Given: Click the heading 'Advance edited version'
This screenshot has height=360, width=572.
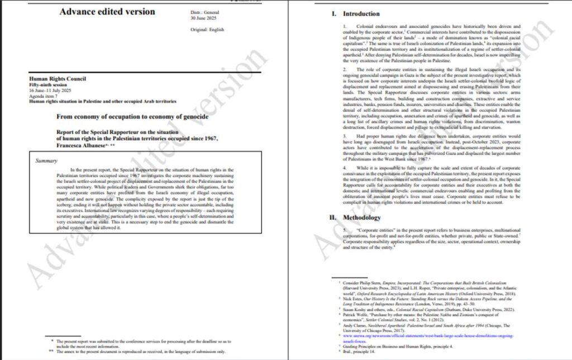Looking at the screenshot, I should coord(108,12).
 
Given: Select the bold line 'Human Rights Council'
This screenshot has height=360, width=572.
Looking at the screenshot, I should coord(58,79).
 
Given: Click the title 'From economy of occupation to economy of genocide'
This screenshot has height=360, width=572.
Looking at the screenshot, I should coord(132,116).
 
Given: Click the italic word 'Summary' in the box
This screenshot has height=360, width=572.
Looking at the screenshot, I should coord(46,161).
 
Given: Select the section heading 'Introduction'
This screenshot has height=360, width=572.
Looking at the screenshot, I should coord(361,14).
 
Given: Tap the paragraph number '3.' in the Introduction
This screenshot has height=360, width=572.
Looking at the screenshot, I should coord(345,135).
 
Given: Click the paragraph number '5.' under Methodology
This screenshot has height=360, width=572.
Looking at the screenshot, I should coord(345,229).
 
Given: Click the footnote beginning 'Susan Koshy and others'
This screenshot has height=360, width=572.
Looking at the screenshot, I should coord(417,308).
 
